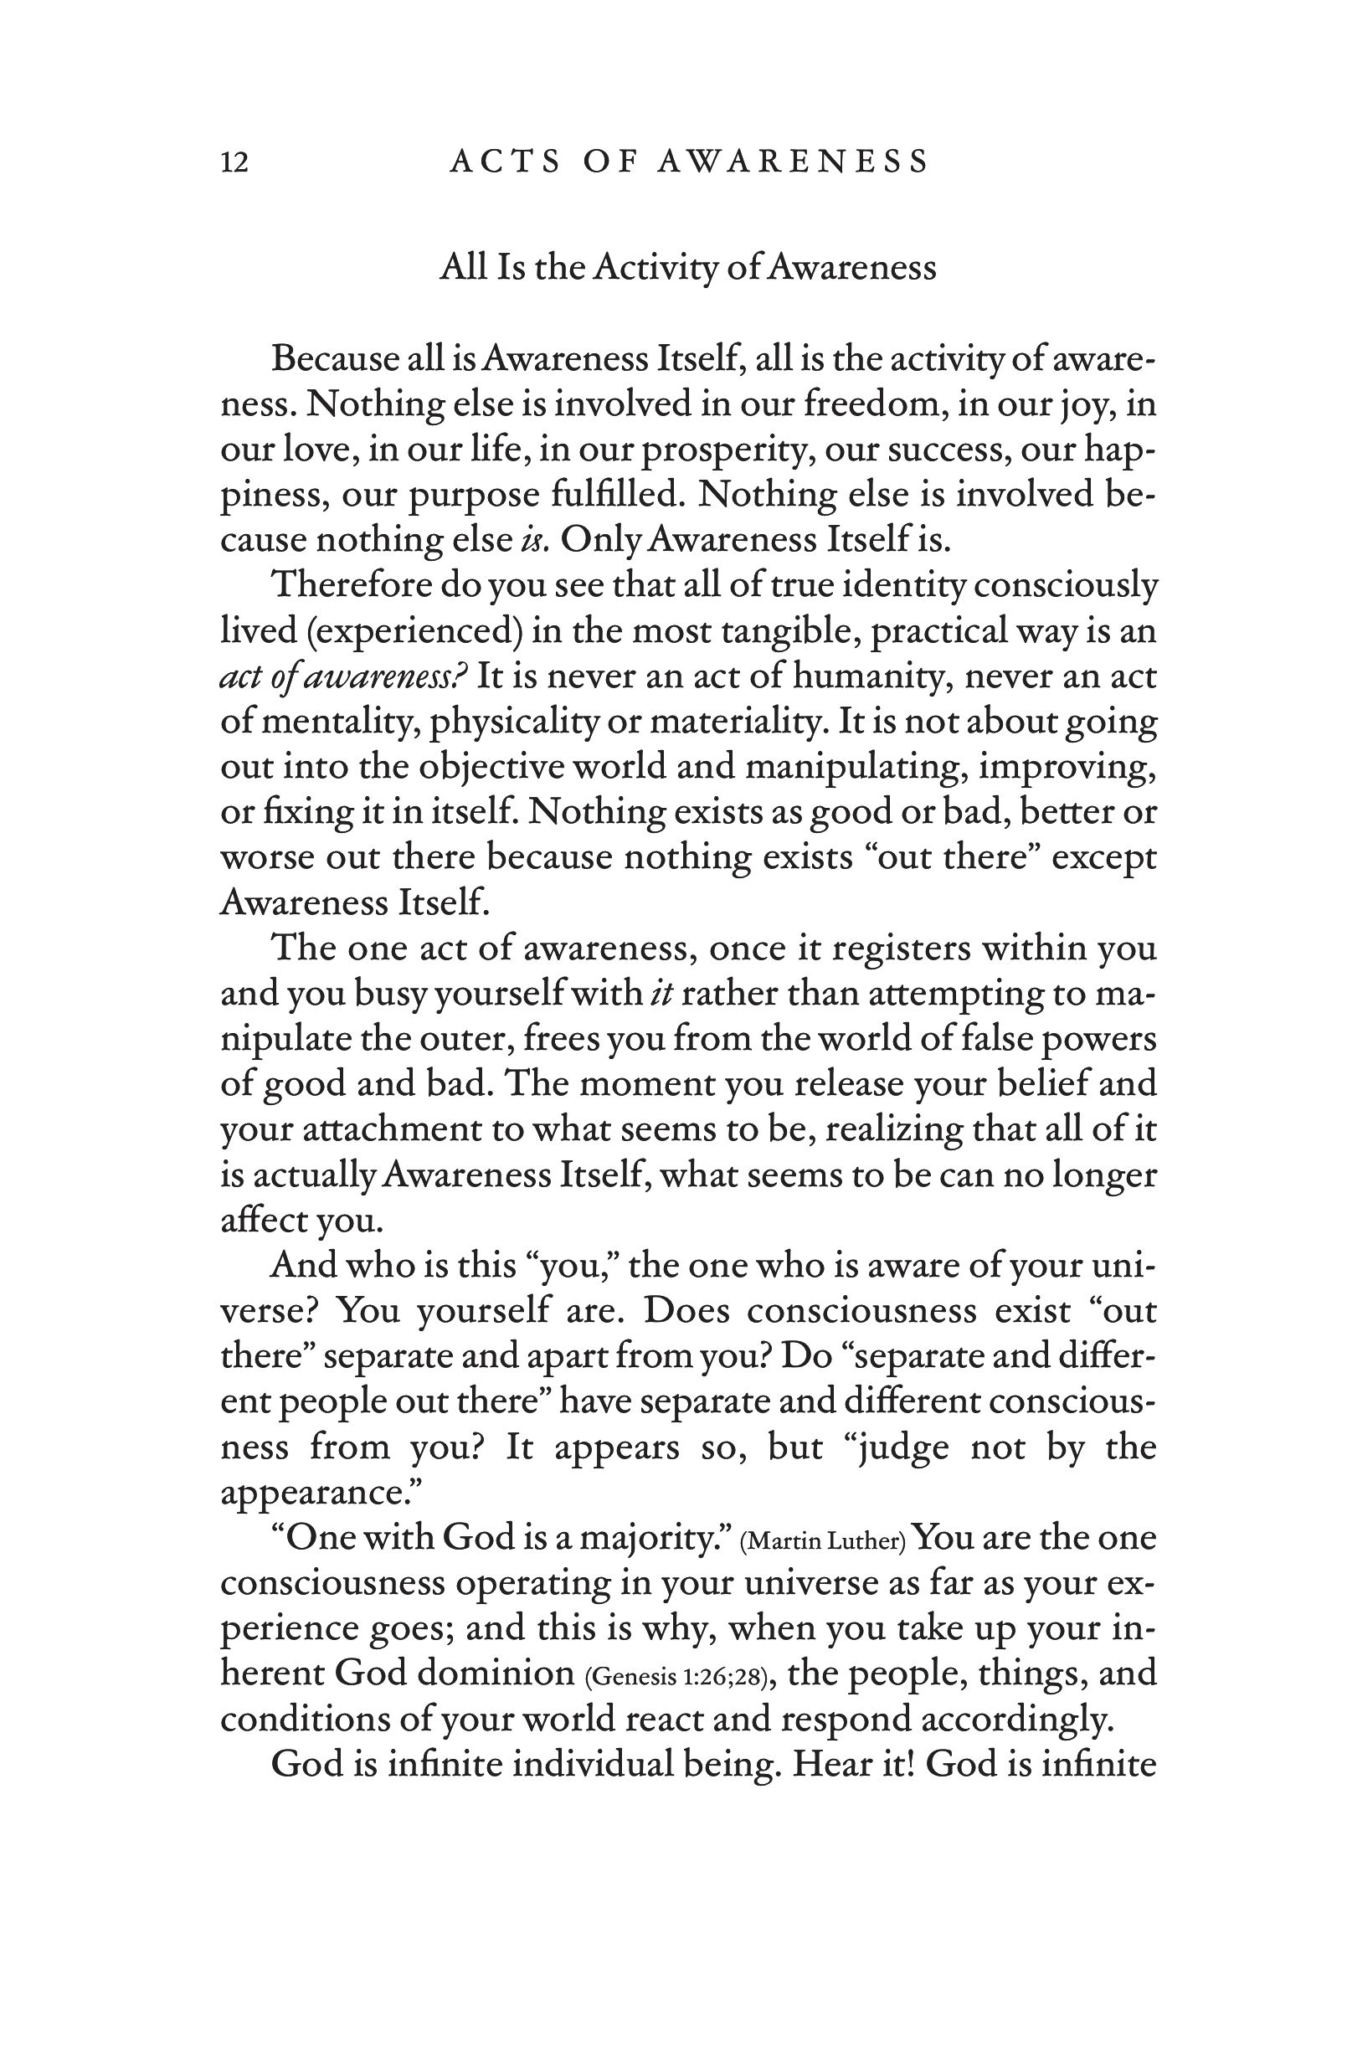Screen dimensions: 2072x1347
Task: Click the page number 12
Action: (x=234, y=162)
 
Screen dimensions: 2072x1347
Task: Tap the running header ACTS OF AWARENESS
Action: (x=689, y=162)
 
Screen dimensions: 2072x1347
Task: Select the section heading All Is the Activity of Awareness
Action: (x=687, y=267)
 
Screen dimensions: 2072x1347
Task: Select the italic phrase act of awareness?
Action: (x=344, y=676)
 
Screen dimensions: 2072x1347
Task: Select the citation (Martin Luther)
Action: (x=823, y=1542)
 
